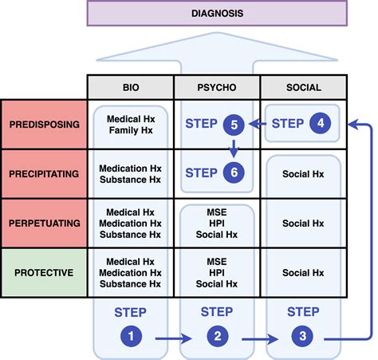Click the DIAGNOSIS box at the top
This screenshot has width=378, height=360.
pyautogui.click(x=216, y=13)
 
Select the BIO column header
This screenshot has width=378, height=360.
pyautogui.click(x=131, y=87)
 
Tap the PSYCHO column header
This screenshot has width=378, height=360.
pyautogui.click(x=217, y=87)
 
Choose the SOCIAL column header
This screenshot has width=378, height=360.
pyautogui.click(x=303, y=87)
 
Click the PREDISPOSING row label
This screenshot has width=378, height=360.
pyautogui.click(x=44, y=125)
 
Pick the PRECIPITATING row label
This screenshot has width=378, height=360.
pyautogui.click(x=44, y=174)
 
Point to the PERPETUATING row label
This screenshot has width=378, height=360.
pyautogui.click(x=44, y=224)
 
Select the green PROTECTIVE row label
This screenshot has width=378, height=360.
pyautogui.click(x=44, y=273)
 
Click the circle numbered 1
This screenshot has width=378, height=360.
pyautogui.click(x=130, y=338)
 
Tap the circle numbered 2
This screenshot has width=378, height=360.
pyautogui.click(x=217, y=338)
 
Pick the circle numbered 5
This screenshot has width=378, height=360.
pyautogui.click(x=234, y=124)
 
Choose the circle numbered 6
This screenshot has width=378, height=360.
pyautogui.click(x=234, y=172)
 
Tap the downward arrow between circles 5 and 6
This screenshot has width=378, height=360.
pyautogui.click(x=234, y=148)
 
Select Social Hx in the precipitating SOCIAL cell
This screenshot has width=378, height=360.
pyautogui.click(x=303, y=174)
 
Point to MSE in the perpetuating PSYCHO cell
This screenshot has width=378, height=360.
pyautogui.click(x=217, y=212)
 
